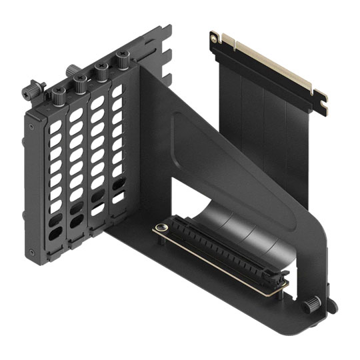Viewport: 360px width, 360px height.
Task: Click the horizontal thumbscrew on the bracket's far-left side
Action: (33, 88)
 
